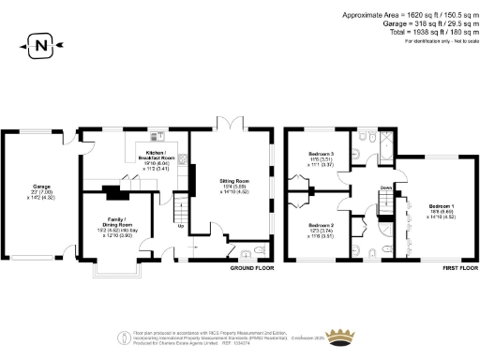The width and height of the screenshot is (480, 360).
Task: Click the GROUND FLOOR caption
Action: point(251,268)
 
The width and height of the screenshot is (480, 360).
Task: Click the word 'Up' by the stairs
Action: point(180,225)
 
